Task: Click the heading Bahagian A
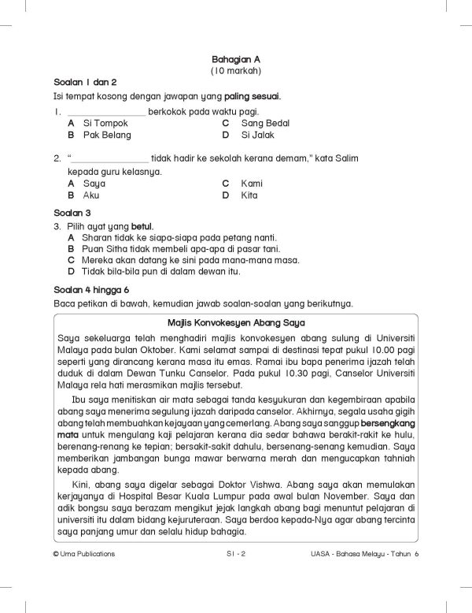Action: pyautogui.click(x=235, y=59)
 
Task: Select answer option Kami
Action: pyautogui.click(x=252, y=183)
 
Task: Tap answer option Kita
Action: pyautogui.click(x=249, y=195)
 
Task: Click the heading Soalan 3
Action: pyautogui.click(x=72, y=213)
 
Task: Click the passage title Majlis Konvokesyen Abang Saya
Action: pyautogui.click(x=235, y=323)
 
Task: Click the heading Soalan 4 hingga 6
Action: pyautogui.click(x=90, y=290)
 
